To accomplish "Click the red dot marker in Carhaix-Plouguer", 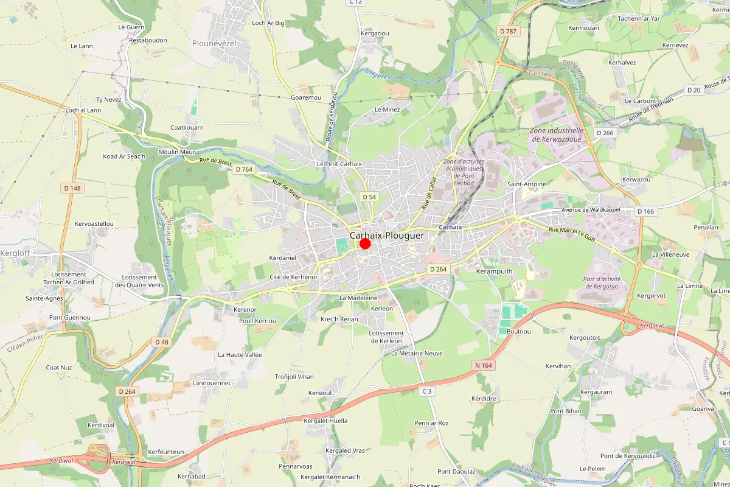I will click(365, 243).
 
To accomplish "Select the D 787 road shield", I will click(509, 31).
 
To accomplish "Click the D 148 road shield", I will click(71, 188).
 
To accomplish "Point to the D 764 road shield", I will click(243, 169).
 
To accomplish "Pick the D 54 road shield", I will click(369, 197).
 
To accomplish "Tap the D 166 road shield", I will click(646, 211).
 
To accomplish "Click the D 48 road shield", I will click(161, 342).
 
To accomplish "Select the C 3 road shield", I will click(428, 391).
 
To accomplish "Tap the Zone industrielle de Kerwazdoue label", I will click(557, 135).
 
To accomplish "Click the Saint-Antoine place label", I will click(527, 184).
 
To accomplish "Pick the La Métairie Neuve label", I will click(417, 353).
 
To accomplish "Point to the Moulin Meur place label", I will click(176, 152).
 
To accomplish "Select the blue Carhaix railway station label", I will click(450, 226).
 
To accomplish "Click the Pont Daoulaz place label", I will click(456, 472).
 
